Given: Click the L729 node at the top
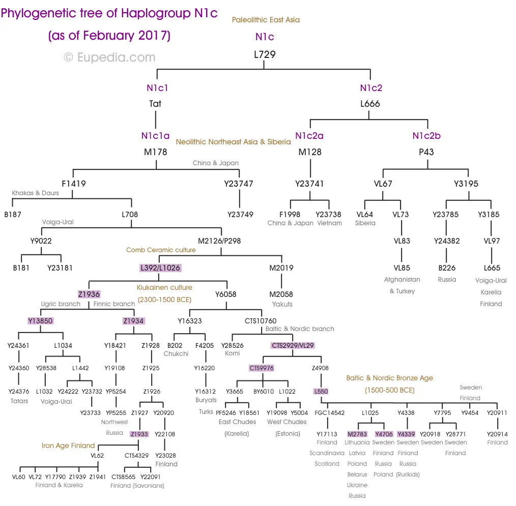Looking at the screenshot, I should [265, 54].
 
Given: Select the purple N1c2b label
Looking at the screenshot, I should [426, 136].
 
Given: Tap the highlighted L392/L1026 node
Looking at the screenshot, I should [160, 267].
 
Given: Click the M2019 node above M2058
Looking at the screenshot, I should [281, 267].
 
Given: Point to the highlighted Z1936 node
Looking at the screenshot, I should [89, 294].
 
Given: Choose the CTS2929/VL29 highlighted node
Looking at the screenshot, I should [293, 345].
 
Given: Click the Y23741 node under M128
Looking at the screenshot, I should [309, 184].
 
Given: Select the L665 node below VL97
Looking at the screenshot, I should [492, 267].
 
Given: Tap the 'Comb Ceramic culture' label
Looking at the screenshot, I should [160, 250].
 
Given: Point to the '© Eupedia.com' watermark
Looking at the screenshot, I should [109, 57].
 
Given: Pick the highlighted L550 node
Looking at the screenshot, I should [321, 392].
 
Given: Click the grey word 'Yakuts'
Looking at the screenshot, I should [282, 304].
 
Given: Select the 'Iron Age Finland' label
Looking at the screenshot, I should [68, 445].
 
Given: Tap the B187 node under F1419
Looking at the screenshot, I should [13, 214].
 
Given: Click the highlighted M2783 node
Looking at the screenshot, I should [357, 434].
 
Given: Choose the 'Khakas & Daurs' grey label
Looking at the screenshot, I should [36, 193].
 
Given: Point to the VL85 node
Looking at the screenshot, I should [402, 267].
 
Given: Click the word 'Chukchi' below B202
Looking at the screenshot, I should [176, 353].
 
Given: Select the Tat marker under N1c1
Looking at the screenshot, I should [155, 104].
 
